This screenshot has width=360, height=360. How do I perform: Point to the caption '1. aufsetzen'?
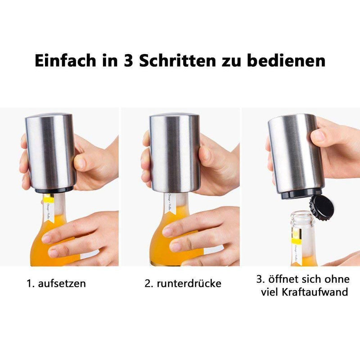coord(56,283)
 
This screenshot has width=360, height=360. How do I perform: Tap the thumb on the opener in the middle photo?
coord(205,157)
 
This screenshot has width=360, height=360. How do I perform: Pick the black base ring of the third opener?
coord(297,194)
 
